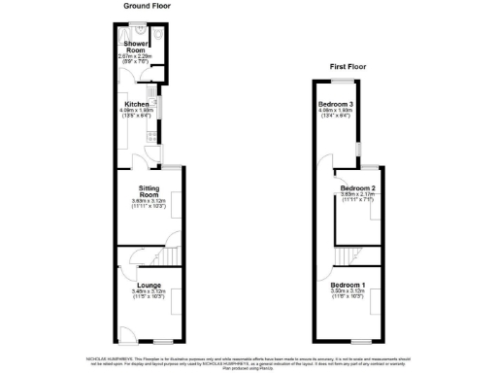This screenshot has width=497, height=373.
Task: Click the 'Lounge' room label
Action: tap(149, 285)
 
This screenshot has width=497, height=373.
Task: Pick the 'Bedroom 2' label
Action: tap(358, 187)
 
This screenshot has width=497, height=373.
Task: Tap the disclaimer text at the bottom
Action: tap(248, 360)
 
